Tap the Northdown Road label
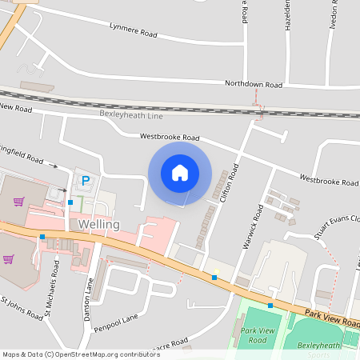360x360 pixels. [x=254, y=84]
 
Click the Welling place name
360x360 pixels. [x=99, y=225]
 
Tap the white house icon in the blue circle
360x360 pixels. [x=180, y=172]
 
